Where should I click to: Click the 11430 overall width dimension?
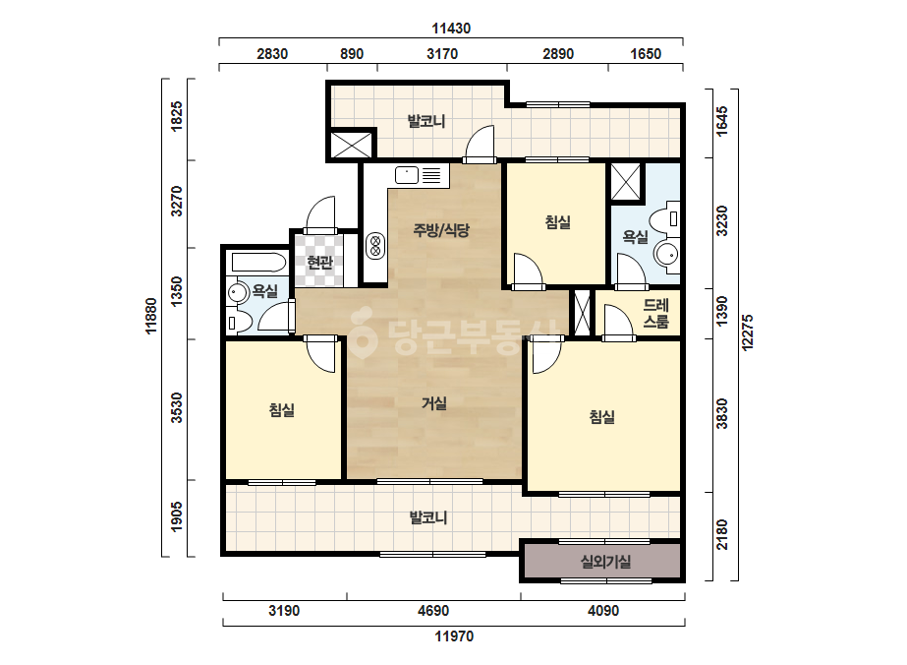[x=451, y=28]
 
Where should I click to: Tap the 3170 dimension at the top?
[x=442, y=54]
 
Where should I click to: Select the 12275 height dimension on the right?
[x=748, y=332]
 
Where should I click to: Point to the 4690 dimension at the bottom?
[x=433, y=611]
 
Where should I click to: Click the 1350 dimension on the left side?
[x=177, y=291]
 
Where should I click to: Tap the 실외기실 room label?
[x=605, y=562]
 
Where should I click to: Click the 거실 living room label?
[x=433, y=403]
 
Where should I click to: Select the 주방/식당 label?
[x=441, y=230]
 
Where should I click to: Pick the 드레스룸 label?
[x=656, y=313]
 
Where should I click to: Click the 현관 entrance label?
[x=319, y=263]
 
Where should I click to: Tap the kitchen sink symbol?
[x=407, y=174]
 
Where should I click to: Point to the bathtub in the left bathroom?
[x=258, y=263]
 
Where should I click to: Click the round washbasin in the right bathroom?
[x=666, y=254]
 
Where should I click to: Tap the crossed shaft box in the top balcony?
[x=352, y=145]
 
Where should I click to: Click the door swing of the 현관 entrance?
[x=320, y=214]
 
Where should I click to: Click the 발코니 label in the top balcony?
[x=426, y=122]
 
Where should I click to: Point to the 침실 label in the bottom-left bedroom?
[x=282, y=410]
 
